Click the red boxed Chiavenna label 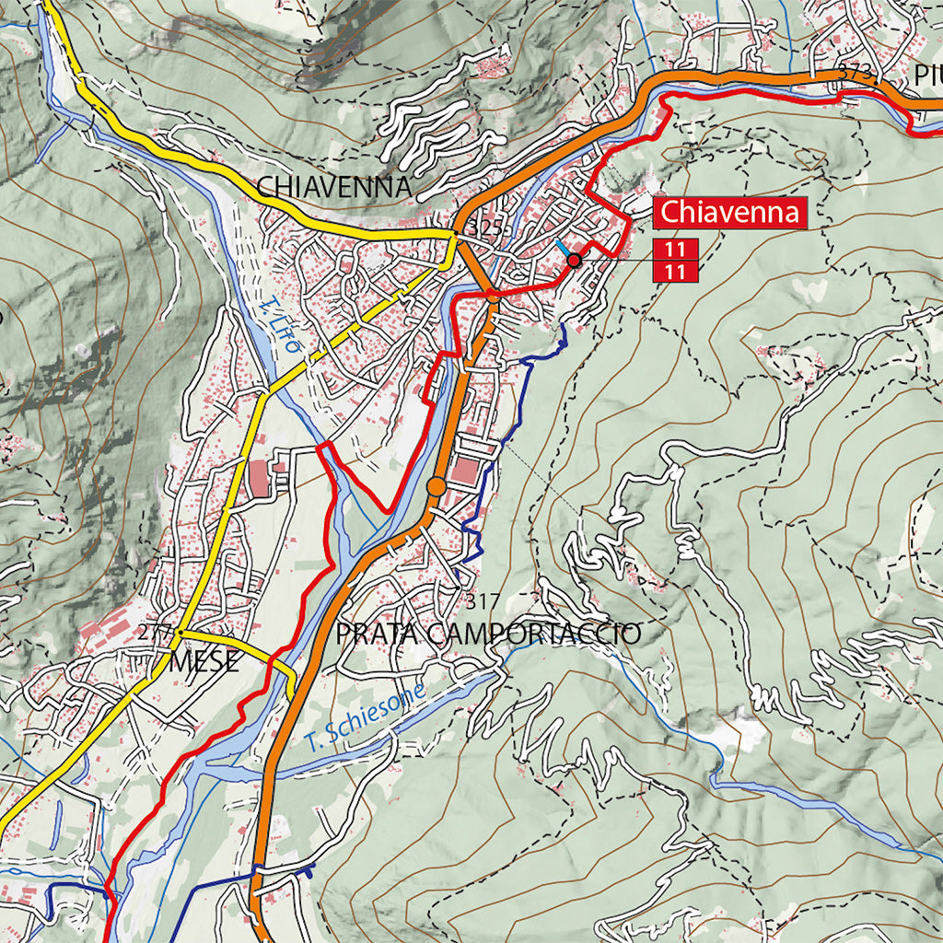[x=730, y=213]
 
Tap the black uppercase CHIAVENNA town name [x=333, y=186]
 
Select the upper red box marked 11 [x=674, y=249]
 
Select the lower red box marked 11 [x=674, y=271]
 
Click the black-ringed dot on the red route [x=574, y=261]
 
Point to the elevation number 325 [x=484, y=227]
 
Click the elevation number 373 [x=856, y=76]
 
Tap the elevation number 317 [x=483, y=602]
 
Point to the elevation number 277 [x=154, y=633]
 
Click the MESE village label [x=204, y=661]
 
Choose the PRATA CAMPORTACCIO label [x=487, y=634]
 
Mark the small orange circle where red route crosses [x=493, y=297]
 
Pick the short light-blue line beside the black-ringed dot [x=563, y=249]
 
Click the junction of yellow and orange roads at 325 [x=456, y=237]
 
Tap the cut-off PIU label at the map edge [x=927, y=75]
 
